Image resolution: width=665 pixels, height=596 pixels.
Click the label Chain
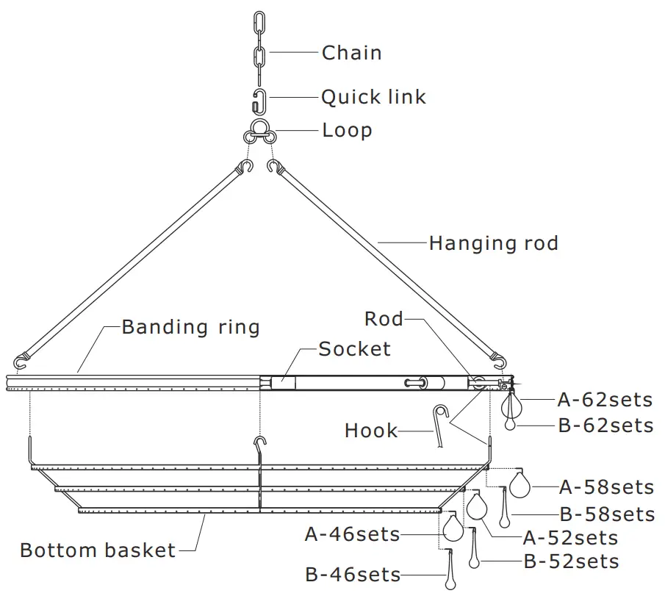351,53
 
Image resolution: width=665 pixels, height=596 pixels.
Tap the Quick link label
373,97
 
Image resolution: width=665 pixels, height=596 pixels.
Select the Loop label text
347,131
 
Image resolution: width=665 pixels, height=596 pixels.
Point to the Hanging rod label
493,243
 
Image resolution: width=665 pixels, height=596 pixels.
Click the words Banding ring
191,326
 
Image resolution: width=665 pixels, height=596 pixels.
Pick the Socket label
354,348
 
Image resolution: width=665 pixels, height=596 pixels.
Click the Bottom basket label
98,550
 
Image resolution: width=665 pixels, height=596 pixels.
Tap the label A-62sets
605,400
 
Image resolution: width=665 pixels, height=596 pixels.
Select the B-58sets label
606,514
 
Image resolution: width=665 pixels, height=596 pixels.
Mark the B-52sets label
571,562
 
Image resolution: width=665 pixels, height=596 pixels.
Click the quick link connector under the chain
259,99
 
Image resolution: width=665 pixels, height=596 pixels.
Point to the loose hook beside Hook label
440,424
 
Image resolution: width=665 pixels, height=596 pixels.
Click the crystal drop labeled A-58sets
520,484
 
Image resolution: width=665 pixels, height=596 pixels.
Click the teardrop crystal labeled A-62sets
510,404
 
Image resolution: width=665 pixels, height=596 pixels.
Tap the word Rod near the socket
384,319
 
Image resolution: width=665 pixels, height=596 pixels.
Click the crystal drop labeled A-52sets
478,506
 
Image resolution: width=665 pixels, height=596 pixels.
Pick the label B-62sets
605,426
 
